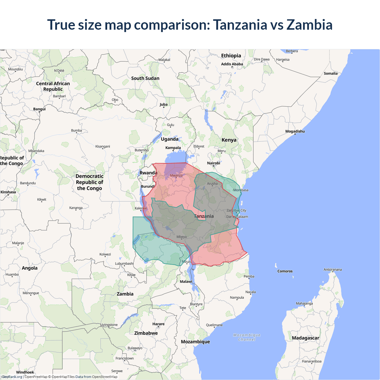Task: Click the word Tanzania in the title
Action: click(x=240, y=25)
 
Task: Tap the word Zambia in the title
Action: click(x=309, y=25)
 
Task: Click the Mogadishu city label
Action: click(x=295, y=131)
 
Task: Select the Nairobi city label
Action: click(x=213, y=163)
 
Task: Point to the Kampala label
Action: click(x=173, y=148)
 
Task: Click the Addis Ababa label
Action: click(x=232, y=64)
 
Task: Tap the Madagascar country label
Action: click(x=305, y=338)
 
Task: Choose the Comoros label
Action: click(x=285, y=271)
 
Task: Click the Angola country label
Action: click(x=30, y=268)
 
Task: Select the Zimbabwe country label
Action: click(x=146, y=333)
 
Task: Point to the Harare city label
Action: click(x=158, y=324)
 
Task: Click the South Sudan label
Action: click(x=145, y=78)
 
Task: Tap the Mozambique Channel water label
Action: click(x=247, y=337)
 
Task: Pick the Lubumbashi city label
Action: click(x=124, y=263)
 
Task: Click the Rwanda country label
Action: click(x=148, y=173)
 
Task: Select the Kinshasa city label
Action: click(x=8, y=192)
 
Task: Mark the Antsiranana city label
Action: click(x=332, y=270)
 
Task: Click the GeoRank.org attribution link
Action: click(x=12, y=377)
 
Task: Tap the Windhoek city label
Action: click(x=25, y=372)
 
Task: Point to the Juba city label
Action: click(x=163, y=104)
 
